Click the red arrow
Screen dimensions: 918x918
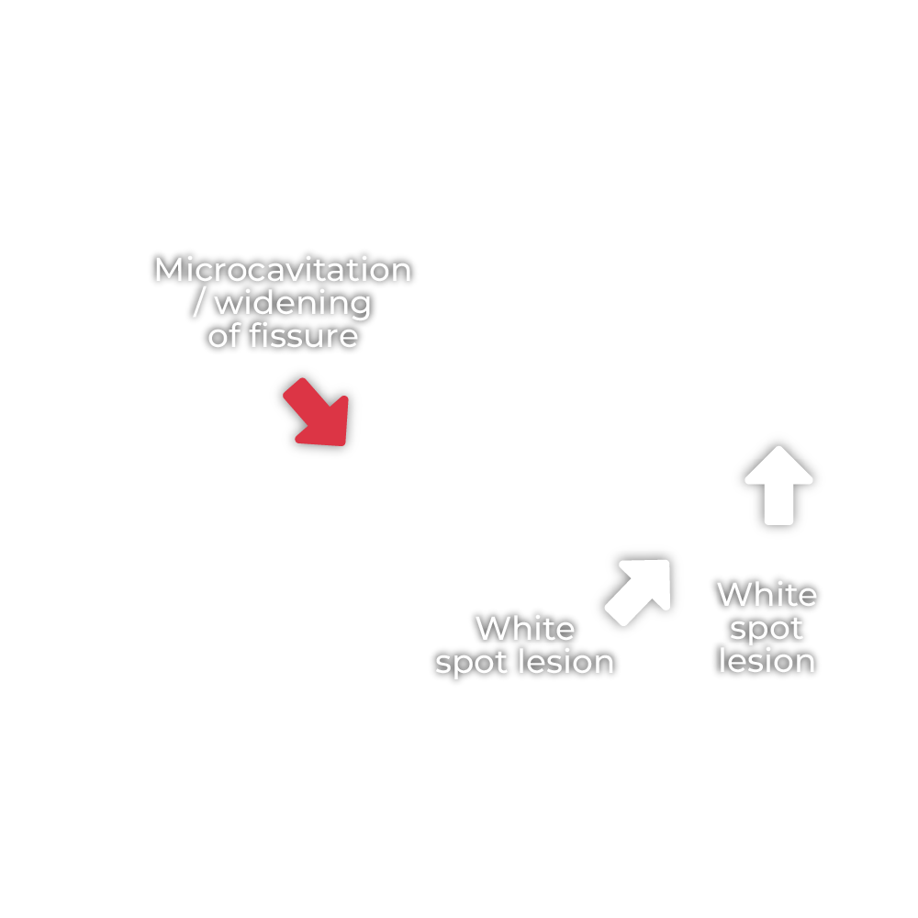tap(319, 415)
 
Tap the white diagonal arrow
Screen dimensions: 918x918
tap(641, 589)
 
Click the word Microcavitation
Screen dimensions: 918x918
tap(283, 270)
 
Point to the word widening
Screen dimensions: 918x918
tap(293, 303)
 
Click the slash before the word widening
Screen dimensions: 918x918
tap(199, 303)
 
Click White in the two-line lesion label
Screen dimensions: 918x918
tap(525, 629)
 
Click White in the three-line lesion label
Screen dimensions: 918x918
tap(767, 595)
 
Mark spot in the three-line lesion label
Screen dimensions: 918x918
tap(767, 629)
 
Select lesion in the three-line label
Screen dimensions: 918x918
tap(767, 661)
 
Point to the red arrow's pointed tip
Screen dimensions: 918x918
tap(343, 443)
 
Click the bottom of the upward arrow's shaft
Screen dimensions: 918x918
tap(778, 522)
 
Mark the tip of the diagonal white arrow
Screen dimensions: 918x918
tap(667, 562)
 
